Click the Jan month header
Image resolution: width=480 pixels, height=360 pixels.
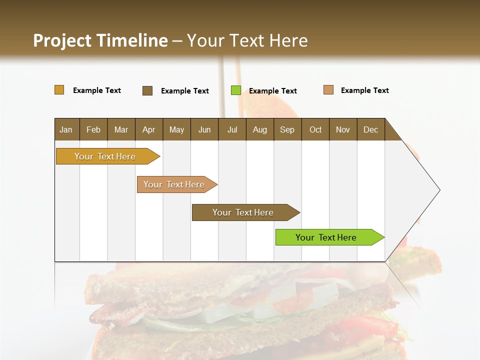click(66, 129)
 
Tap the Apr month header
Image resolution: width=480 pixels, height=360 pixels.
click(148, 129)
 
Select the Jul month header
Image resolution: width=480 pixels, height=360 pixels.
click(232, 129)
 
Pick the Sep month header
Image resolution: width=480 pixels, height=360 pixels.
click(287, 129)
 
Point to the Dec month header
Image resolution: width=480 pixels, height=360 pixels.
click(370, 129)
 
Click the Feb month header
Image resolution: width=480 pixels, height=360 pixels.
click(93, 129)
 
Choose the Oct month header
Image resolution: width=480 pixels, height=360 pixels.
click(315, 129)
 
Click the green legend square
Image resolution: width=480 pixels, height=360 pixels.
click(236, 90)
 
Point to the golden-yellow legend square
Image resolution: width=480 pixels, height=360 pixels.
click(59, 90)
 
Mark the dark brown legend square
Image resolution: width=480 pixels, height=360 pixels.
click(147, 90)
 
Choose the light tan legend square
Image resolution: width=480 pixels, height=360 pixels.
click(328, 90)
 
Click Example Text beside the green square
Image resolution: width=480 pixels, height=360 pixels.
click(272, 91)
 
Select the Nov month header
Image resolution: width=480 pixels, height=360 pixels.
click(343, 129)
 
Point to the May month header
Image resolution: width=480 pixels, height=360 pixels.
click(176, 129)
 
